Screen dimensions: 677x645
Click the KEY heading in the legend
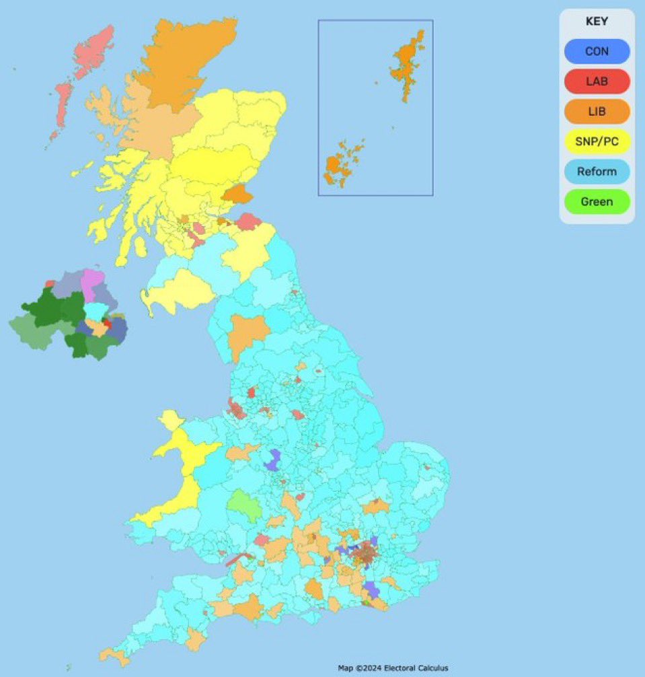click(597, 22)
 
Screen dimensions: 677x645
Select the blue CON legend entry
click(597, 51)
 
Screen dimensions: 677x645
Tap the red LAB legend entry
click(597, 81)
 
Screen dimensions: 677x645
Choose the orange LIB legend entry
click(597, 112)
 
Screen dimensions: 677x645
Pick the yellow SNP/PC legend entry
click(597, 141)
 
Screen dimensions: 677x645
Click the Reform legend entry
click(597, 172)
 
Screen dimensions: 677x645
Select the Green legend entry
click(597, 202)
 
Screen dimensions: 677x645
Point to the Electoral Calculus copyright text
click(392, 668)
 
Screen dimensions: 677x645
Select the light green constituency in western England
click(244, 505)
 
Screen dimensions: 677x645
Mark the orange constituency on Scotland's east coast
click(237, 194)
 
